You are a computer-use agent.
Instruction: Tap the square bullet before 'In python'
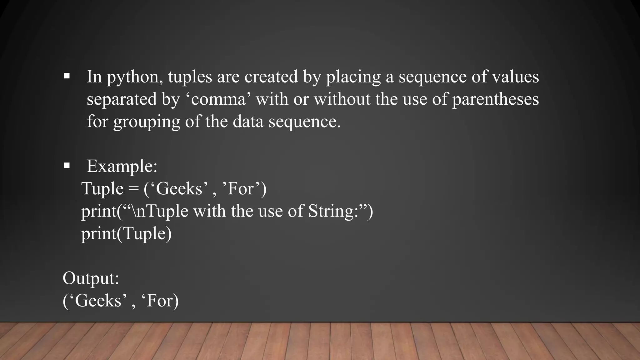(x=67, y=76)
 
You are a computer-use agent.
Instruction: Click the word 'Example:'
(x=122, y=166)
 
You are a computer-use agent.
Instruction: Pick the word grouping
(x=147, y=122)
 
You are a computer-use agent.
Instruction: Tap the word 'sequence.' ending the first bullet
(x=304, y=122)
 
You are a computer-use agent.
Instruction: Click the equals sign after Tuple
(x=133, y=189)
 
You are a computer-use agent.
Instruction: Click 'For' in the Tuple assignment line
(x=240, y=189)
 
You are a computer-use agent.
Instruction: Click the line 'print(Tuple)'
(x=126, y=233)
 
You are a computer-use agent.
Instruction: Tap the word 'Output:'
(x=91, y=278)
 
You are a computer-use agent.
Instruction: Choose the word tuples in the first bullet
(x=190, y=77)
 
